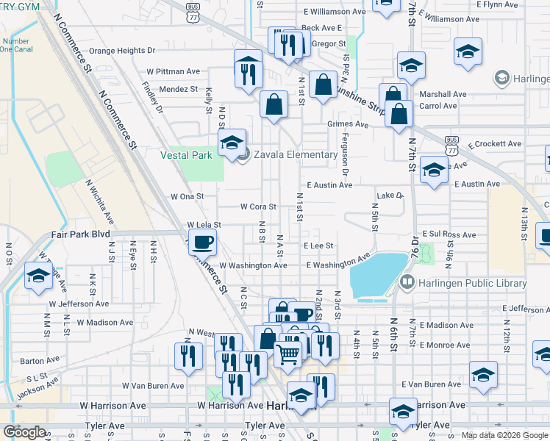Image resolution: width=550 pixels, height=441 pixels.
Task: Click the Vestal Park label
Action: click(187, 155)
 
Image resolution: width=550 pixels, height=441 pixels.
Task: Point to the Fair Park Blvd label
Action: click(80, 234)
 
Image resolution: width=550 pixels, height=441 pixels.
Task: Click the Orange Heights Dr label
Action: click(123, 51)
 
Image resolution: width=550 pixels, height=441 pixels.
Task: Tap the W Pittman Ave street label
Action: click(174, 71)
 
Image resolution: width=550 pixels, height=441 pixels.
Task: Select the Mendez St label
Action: click(179, 89)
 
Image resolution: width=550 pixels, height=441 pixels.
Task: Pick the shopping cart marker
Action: click(288, 355)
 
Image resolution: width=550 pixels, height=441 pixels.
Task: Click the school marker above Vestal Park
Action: click(232, 143)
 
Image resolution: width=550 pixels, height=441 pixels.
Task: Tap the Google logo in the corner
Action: click(24, 432)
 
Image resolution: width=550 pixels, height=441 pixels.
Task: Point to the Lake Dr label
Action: click(390, 196)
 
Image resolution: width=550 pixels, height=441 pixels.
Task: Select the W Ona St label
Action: click(187, 197)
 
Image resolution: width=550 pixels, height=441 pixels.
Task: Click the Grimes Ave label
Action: click(348, 124)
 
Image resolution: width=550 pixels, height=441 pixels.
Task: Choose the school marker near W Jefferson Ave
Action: click(37, 277)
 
